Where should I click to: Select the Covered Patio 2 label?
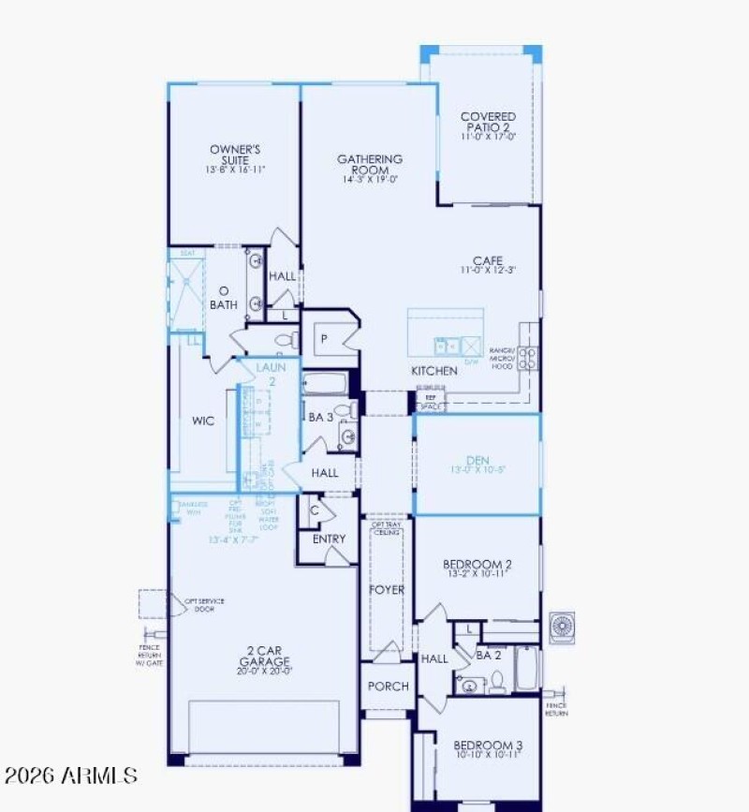coord(488,125)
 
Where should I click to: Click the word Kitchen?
coord(434,371)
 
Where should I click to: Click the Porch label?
coord(388,687)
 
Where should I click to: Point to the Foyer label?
coord(387,590)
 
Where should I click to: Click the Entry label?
coord(329,539)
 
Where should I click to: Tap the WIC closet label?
coord(202,421)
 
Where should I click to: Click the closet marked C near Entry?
coord(316,510)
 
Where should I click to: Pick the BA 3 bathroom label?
coord(321,418)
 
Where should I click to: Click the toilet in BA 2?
coord(498,681)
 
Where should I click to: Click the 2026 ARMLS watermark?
coord(71,775)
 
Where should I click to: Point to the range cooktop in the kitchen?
coord(528,357)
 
